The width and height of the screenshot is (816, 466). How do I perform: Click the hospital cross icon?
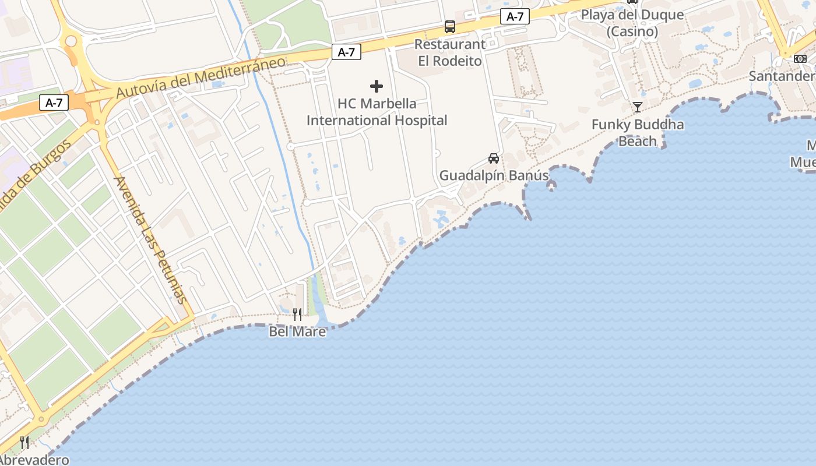coord(377,86)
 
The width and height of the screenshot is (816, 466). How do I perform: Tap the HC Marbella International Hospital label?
coord(377,112)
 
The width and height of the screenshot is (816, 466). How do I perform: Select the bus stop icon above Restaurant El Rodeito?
coord(450,26)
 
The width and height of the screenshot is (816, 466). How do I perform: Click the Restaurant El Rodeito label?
coord(450,52)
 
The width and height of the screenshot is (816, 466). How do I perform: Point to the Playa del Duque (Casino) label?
coord(632,23)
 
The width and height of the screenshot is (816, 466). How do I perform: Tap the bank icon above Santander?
coord(800,58)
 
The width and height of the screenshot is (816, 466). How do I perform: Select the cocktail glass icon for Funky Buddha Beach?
coord(638,107)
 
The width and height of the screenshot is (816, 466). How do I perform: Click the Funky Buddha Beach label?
coord(638,133)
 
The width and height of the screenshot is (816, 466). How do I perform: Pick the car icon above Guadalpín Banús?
coord(494,158)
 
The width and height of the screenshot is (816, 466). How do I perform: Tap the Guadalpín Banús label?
coord(494,175)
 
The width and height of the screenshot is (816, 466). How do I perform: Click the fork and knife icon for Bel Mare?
coord(297,315)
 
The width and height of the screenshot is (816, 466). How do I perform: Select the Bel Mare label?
coord(297,331)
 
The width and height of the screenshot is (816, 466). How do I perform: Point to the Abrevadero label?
coord(34,460)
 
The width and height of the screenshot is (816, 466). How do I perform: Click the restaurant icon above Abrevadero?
coord(24,443)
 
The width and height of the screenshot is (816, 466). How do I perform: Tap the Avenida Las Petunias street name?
coord(151,239)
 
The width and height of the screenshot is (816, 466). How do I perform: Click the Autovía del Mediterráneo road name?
coord(201,77)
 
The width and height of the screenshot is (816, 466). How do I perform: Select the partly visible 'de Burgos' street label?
coord(35,172)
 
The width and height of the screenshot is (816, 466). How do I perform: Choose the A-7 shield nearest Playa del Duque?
coord(515,17)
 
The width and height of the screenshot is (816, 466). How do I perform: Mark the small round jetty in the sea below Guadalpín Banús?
coord(551,186)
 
